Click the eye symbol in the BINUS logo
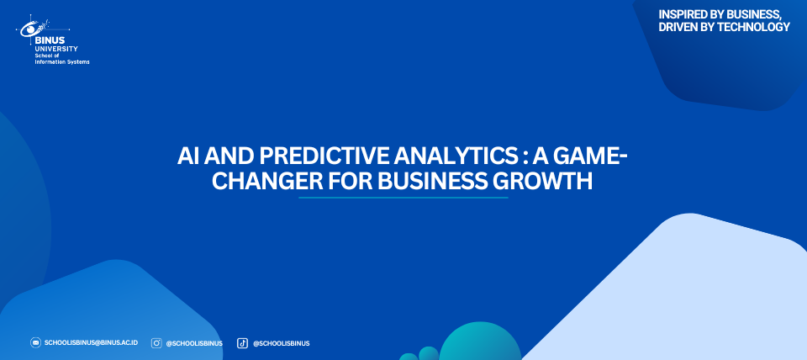[29, 30]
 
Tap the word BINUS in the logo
[50, 40]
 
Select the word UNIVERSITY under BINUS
[56, 49]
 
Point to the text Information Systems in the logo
[61, 61]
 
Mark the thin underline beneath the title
[403, 198]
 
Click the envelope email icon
[35, 343]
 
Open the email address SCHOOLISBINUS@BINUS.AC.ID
[91, 343]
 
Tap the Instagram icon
[156, 343]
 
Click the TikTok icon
[242, 343]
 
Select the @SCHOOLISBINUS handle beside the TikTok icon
[281, 343]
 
